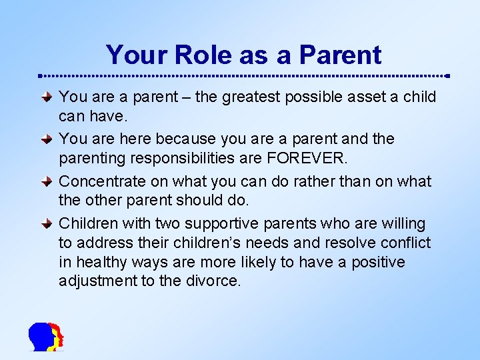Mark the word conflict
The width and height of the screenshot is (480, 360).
[x=406, y=243]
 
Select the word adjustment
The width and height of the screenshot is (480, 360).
[x=97, y=281]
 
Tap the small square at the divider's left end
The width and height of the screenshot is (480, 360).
[x=39, y=75]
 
